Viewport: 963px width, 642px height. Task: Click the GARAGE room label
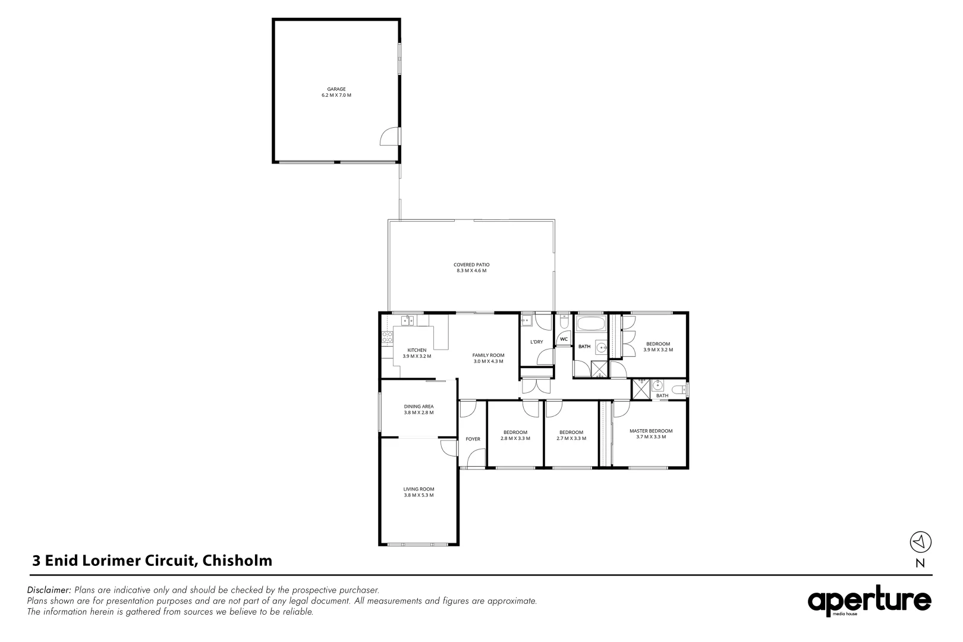click(x=336, y=89)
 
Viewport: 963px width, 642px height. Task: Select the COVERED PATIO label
click(x=471, y=265)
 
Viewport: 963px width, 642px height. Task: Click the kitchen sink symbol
click(x=408, y=321)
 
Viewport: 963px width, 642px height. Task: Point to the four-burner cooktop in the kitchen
click(x=388, y=337)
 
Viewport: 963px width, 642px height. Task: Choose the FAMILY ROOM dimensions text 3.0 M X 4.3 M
click(x=489, y=361)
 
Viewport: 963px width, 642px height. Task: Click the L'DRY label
click(x=537, y=342)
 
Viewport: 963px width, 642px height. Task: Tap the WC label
click(x=564, y=339)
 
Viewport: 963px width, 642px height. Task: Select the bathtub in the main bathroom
click(x=591, y=323)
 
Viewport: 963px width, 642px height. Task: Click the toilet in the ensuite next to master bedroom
click(x=679, y=390)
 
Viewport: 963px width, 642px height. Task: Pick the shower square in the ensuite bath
click(x=641, y=389)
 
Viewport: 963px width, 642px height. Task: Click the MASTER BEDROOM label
click(x=651, y=431)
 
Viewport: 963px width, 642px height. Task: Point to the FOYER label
click(x=473, y=439)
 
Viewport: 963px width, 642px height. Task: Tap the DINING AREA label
click(x=418, y=407)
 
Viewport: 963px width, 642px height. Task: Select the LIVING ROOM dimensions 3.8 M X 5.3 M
click(x=418, y=495)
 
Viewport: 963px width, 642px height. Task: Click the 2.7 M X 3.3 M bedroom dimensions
click(x=571, y=439)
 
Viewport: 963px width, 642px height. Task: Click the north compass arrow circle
click(x=920, y=542)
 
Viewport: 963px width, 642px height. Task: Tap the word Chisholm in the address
click(x=237, y=561)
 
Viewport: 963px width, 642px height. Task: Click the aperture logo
click(x=869, y=601)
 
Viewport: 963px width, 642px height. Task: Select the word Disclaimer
click(x=49, y=590)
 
